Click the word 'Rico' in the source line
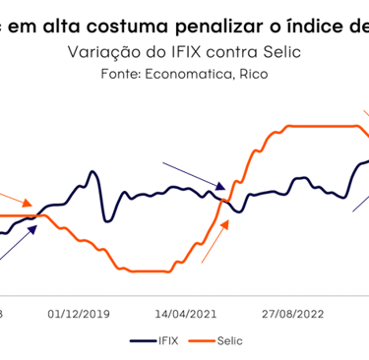[x=247, y=73]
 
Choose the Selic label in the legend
[x=228, y=340]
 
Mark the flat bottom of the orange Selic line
[x=148, y=270]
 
